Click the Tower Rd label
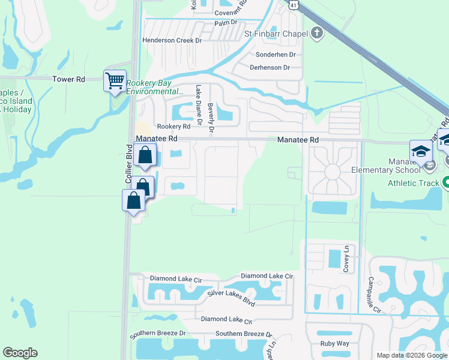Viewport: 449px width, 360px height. [69, 79]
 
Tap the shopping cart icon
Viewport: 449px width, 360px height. [115, 81]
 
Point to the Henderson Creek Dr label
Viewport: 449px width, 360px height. [172, 40]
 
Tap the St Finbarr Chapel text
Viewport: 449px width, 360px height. [276, 34]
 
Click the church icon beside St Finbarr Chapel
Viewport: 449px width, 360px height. [317, 34]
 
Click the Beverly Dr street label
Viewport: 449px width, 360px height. [211, 116]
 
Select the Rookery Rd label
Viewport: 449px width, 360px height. [173, 127]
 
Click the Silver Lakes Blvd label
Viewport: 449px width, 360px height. [231, 293]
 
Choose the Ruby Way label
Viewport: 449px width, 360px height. [335, 344]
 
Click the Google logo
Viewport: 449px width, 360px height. [20, 353]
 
